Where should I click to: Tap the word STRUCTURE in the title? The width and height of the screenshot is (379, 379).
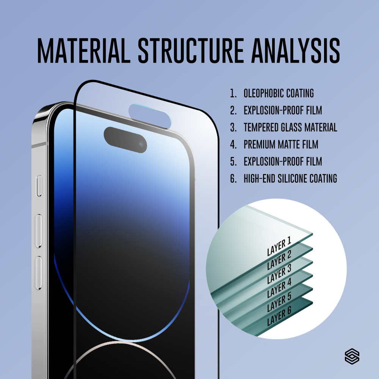[x=191, y=51]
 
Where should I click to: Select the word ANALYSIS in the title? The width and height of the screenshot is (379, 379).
[x=296, y=51]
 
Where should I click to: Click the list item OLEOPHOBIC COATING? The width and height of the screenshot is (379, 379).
[x=279, y=93]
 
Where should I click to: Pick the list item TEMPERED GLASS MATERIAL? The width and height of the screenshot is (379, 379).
[x=290, y=127]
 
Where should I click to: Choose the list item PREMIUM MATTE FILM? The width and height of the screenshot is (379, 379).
[x=281, y=144]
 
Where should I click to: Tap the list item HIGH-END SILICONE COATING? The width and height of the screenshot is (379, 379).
[x=290, y=179]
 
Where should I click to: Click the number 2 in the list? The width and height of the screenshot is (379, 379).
[x=233, y=110]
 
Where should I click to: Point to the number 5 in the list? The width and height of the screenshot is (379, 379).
[x=233, y=161]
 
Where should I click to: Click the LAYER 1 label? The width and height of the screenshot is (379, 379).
[x=279, y=246]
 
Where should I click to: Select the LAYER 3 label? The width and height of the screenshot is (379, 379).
[x=279, y=274]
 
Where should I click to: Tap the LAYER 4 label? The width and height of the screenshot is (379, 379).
[x=279, y=288]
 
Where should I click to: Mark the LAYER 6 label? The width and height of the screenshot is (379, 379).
[x=279, y=316]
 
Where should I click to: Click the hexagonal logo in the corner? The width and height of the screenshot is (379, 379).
[x=352, y=356]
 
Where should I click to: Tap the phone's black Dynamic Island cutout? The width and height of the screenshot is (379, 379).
[x=125, y=140]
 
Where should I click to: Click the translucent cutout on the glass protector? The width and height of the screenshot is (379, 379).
[x=150, y=116]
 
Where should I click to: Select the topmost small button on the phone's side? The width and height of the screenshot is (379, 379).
[x=39, y=186]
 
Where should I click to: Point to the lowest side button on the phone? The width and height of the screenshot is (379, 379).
[x=39, y=273]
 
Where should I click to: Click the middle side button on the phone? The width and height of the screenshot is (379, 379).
[x=39, y=231]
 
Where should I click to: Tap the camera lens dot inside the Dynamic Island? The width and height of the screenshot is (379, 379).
[x=141, y=144]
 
